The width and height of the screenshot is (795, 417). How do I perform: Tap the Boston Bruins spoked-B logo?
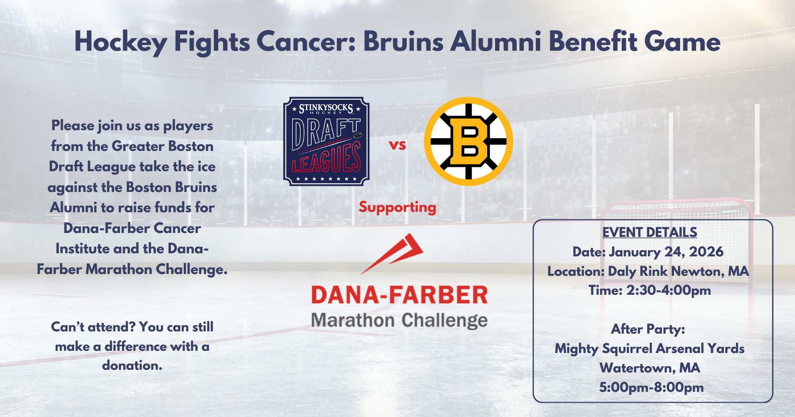click(x=468, y=142)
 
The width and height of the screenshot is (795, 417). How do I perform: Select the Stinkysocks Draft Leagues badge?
click(x=326, y=141)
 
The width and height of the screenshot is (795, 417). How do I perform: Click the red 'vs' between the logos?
click(x=397, y=145)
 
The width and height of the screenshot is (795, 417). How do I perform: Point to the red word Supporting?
click(x=397, y=207)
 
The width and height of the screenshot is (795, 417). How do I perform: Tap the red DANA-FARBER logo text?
click(x=399, y=295)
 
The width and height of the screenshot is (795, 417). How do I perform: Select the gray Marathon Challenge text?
click(x=399, y=320)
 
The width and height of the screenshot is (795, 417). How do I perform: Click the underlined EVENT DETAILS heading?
click(x=650, y=232)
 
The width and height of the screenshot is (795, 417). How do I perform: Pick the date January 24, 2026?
click(x=666, y=252)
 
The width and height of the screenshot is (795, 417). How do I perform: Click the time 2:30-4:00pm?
click(x=668, y=290)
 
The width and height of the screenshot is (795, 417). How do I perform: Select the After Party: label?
click(x=648, y=329)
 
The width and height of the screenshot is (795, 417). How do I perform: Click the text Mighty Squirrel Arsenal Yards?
click(x=650, y=349)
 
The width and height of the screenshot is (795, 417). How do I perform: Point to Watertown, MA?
click(x=650, y=368)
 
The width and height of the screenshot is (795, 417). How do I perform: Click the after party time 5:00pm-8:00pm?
click(x=651, y=387)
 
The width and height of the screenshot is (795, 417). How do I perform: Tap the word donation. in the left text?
click(x=132, y=365)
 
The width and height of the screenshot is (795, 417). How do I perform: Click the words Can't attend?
click(x=93, y=327)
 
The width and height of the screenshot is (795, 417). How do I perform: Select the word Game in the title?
click(x=682, y=42)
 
